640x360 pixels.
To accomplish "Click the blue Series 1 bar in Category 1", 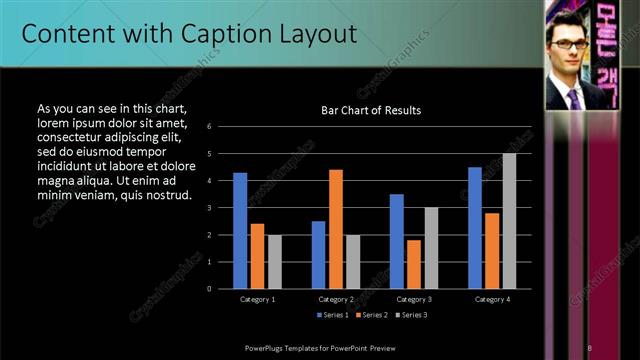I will point(240,231).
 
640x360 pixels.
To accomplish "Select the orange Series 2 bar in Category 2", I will point(336,229).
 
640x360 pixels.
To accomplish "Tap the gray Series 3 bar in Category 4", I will point(509,221).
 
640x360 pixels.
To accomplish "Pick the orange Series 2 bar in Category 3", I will point(414,264).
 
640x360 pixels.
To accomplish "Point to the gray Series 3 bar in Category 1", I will point(274,262).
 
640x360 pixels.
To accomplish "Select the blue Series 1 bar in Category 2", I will point(318,255).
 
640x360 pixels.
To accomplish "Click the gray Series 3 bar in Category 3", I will point(431,248).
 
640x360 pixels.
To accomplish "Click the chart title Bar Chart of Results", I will point(370,110).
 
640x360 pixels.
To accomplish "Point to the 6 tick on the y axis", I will point(209,127).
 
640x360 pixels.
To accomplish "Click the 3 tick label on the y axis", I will point(209,208).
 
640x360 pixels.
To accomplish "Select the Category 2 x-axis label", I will point(336,299).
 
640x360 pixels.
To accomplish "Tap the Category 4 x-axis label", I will point(491,299).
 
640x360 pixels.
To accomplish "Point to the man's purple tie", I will point(573,98).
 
